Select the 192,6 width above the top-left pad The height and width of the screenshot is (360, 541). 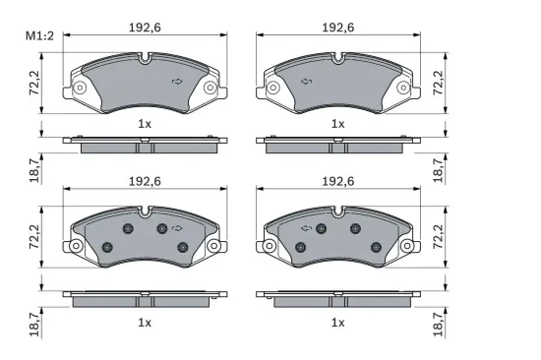coord(145,30)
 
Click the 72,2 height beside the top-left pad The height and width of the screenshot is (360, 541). coord(34,85)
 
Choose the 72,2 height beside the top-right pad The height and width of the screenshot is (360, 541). coord(437,85)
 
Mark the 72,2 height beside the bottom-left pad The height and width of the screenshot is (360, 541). coord(34,237)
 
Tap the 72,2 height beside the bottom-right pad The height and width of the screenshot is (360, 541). coord(437,237)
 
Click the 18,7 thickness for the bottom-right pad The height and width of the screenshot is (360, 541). coord(437,321)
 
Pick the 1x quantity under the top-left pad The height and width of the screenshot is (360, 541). coord(145,124)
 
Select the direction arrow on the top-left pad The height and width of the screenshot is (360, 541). coord(177,81)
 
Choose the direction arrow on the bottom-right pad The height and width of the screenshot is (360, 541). coord(305,228)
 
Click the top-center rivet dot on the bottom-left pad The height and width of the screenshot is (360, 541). coord(160,228)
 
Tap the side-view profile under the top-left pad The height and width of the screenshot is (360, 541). coord(145,146)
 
